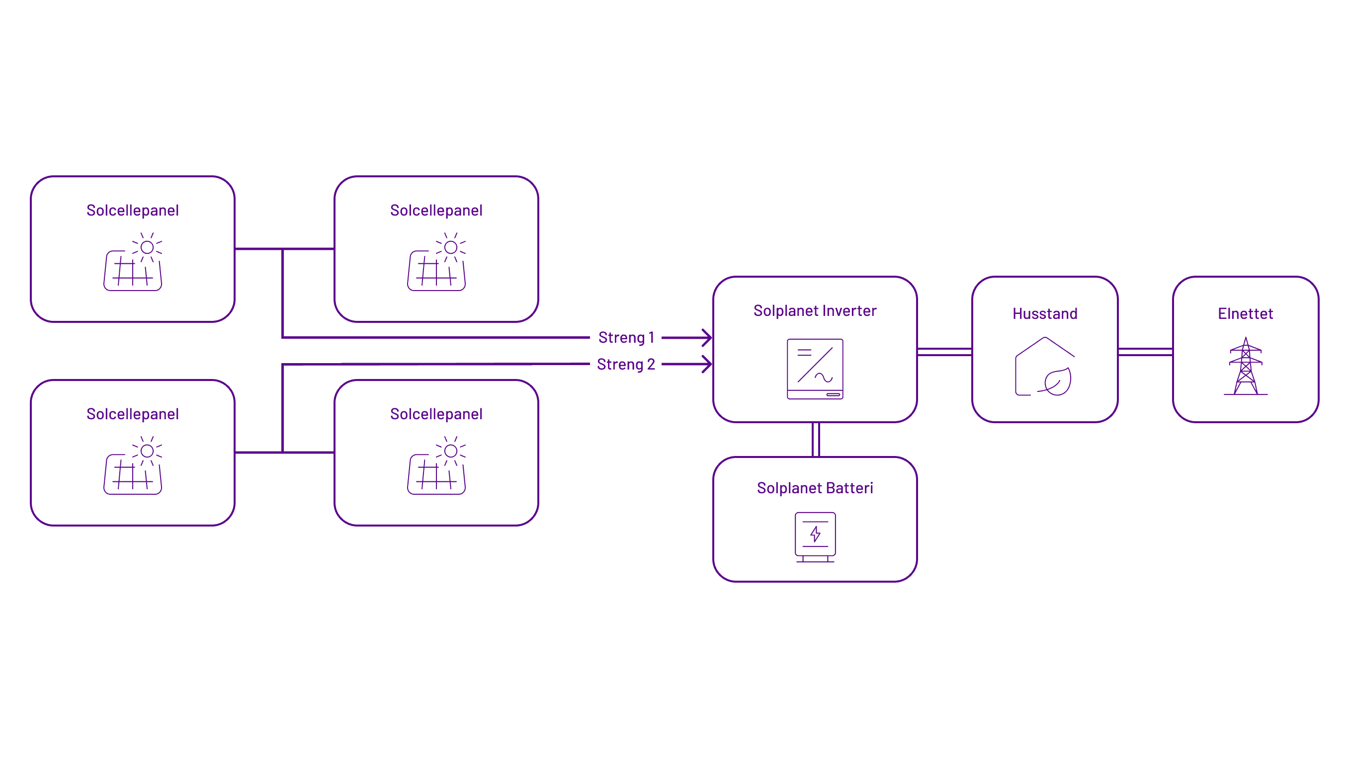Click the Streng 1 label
[626, 338]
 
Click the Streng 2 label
[626, 364]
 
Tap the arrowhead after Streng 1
[707, 338]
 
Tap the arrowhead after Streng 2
[707, 364]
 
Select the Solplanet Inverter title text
[815, 311]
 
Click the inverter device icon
[815, 369]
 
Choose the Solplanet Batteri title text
[815, 488]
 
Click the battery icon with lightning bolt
[815, 536]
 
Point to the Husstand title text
[1045, 314]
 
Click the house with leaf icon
[1045, 367]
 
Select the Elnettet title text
[1245, 314]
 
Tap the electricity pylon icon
[1245, 367]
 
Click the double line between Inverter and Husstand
[944, 352]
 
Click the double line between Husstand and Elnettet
[1145, 352]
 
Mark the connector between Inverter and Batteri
[815, 440]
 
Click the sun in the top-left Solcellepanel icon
[147, 247]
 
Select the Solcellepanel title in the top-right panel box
[436, 211]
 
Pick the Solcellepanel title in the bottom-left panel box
[133, 414]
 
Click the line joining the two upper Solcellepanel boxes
[309, 249]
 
